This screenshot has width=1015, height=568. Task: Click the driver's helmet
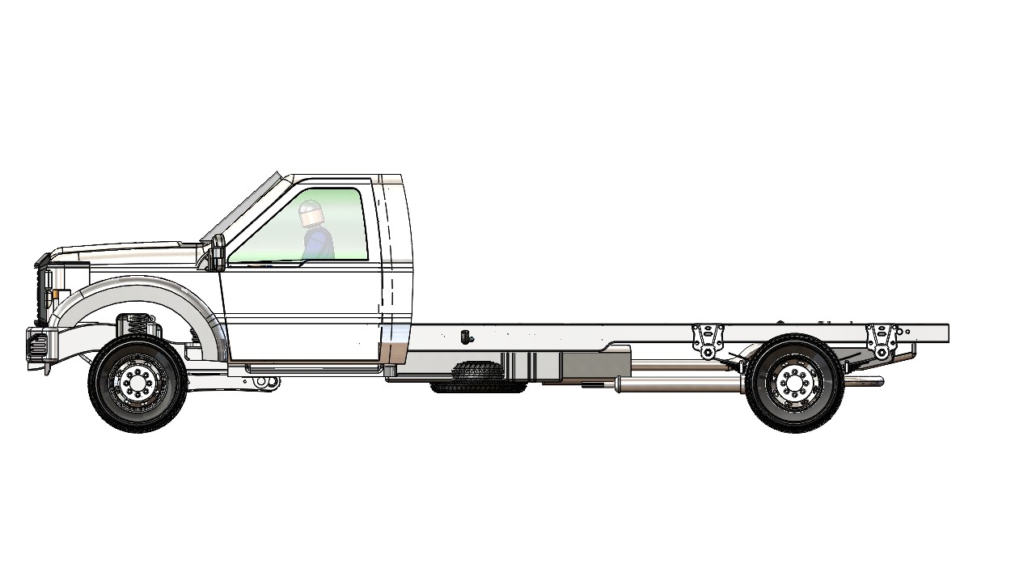[x=311, y=214]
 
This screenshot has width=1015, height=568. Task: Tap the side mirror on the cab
[x=218, y=252]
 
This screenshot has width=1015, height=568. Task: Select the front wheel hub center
[x=137, y=383]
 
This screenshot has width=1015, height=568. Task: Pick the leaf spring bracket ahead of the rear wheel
[x=708, y=340]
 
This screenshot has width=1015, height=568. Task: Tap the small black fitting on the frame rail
[x=466, y=336]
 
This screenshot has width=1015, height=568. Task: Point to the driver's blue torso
[x=319, y=243]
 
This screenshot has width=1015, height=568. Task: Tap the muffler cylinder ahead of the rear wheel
[x=679, y=385]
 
